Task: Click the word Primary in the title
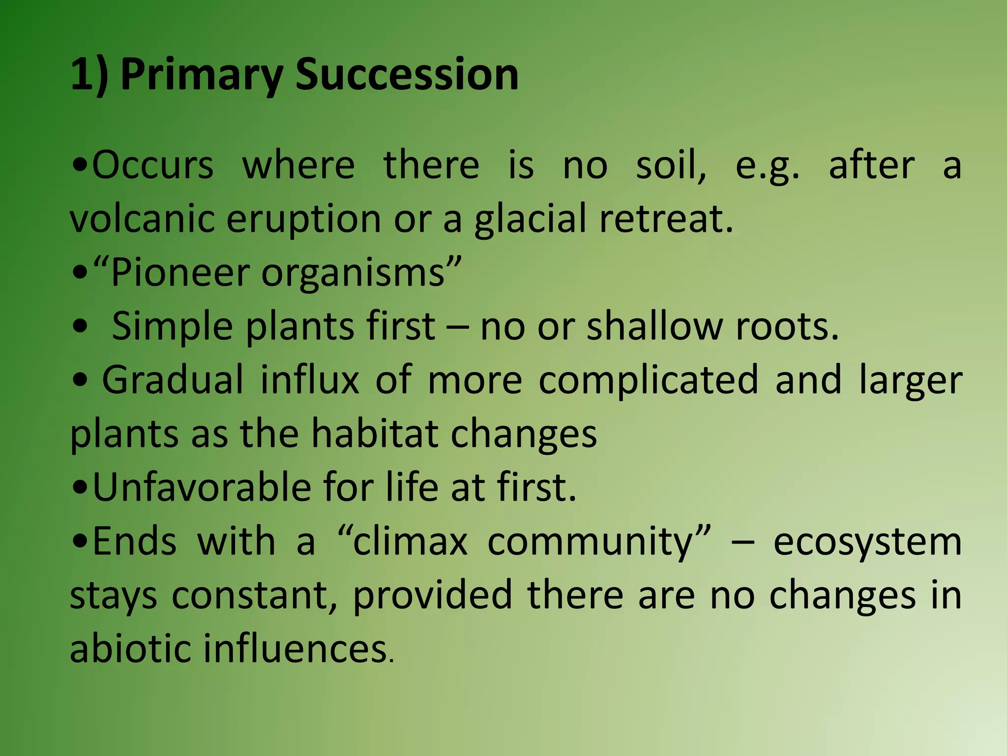click(202, 75)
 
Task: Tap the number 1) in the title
click(89, 75)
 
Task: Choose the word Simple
click(172, 327)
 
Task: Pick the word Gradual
click(173, 380)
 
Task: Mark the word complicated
click(649, 381)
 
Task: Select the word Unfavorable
click(202, 487)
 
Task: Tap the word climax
click(410, 541)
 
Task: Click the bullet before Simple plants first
click(80, 327)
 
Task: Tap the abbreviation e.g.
click(767, 166)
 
